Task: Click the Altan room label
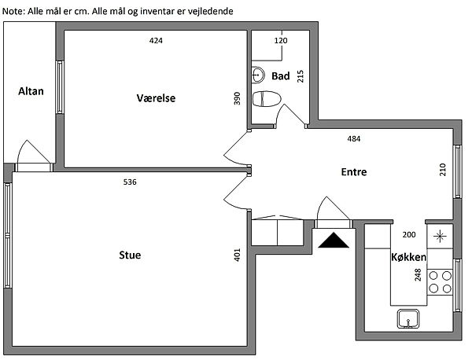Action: tap(31, 91)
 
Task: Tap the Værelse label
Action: tap(156, 98)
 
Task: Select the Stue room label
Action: tap(130, 255)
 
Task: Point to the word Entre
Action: tap(354, 172)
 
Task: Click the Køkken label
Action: tap(409, 257)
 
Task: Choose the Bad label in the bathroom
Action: tap(281, 76)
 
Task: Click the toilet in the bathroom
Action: tap(267, 99)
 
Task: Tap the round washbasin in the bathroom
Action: tap(258, 75)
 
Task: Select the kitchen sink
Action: tap(408, 319)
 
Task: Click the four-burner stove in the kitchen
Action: tap(440, 282)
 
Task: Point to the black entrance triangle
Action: tap(334, 240)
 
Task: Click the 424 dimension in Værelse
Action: tap(156, 40)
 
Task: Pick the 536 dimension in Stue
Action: tap(130, 182)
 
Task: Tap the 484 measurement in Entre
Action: tap(354, 138)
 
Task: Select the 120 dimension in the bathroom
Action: tap(281, 40)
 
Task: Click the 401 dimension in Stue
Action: tap(238, 255)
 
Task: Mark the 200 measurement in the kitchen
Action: tap(409, 234)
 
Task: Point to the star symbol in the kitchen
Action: tap(440, 236)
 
